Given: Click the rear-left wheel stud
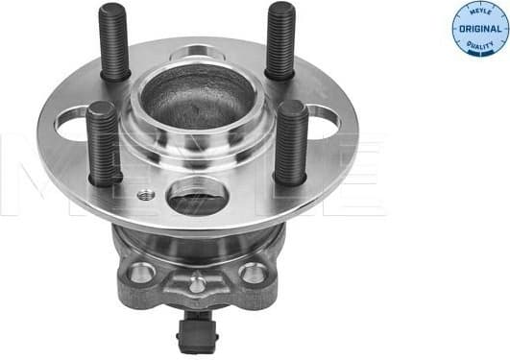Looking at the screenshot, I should tap(113, 42).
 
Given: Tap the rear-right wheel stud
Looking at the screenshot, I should tap(280, 40).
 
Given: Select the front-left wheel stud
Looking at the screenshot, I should tap(103, 144).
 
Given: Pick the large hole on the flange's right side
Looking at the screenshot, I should tap(325, 119).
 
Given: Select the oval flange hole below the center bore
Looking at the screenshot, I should tap(196, 199).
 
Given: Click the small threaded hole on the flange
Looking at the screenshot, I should tap(146, 195).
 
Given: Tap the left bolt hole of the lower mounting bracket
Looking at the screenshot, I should tap(142, 273).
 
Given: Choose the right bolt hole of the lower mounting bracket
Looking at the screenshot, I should tap(254, 274).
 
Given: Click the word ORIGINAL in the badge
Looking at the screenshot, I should tap(479, 30).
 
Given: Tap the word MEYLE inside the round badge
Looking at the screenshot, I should tap(479, 13).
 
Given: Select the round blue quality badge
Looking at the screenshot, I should tap(479, 29).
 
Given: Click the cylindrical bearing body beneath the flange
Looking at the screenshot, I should tap(197, 245).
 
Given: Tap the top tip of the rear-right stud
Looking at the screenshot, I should tap(280, 8).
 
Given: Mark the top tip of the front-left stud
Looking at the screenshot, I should tap(100, 107).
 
